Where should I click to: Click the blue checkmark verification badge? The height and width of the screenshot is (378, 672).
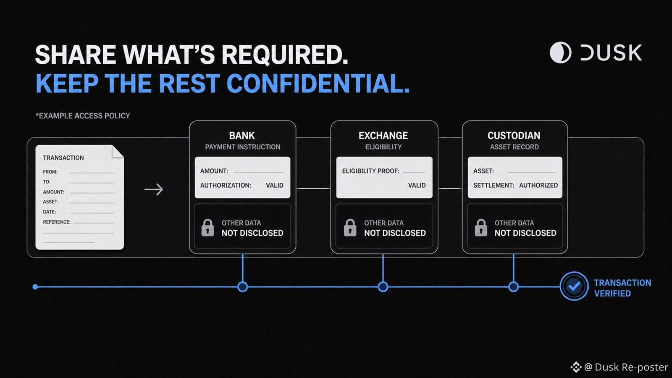[x=574, y=286]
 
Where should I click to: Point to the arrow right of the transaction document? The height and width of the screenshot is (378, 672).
[x=154, y=189]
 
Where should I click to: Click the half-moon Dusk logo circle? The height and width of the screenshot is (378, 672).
[x=560, y=52]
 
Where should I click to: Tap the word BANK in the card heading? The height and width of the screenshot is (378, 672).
[x=242, y=136]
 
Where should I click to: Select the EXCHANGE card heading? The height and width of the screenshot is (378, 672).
[x=383, y=136]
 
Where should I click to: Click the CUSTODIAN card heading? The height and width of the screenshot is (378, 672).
[x=514, y=136]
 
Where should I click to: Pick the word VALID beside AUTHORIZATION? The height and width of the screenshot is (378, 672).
[x=275, y=185]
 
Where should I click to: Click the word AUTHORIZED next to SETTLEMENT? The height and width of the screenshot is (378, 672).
[x=538, y=185]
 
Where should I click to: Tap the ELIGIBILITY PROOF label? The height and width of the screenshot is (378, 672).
[x=371, y=171]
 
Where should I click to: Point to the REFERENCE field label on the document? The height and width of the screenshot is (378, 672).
[x=57, y=222]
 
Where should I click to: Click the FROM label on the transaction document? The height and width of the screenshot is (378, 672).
[x=50, y=172]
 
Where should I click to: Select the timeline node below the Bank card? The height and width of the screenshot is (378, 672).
[x=242, y=287]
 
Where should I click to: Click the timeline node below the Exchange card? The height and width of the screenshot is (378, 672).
[x=383, y=287]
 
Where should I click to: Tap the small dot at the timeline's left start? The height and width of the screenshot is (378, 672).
[x=35, y=287]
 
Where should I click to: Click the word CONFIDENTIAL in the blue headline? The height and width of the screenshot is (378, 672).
[x=318, y=83]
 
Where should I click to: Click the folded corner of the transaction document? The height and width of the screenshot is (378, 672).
[x=117, y=152]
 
